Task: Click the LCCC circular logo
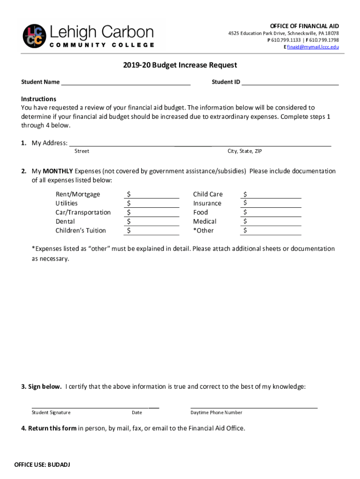point(35,36)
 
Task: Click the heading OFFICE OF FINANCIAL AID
point(304,26)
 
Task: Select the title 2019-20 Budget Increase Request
point(180,65)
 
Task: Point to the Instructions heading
point(39,99)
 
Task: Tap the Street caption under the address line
point(82,151)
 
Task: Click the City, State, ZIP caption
point(248,151)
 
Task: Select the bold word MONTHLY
point(58,171)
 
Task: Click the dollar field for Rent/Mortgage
point(152,194)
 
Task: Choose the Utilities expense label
point(67,203)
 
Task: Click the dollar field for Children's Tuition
point(152,231)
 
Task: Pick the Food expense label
point(201,212)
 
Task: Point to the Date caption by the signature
point(137,413)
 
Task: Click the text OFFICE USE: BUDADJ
point(42,465)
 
